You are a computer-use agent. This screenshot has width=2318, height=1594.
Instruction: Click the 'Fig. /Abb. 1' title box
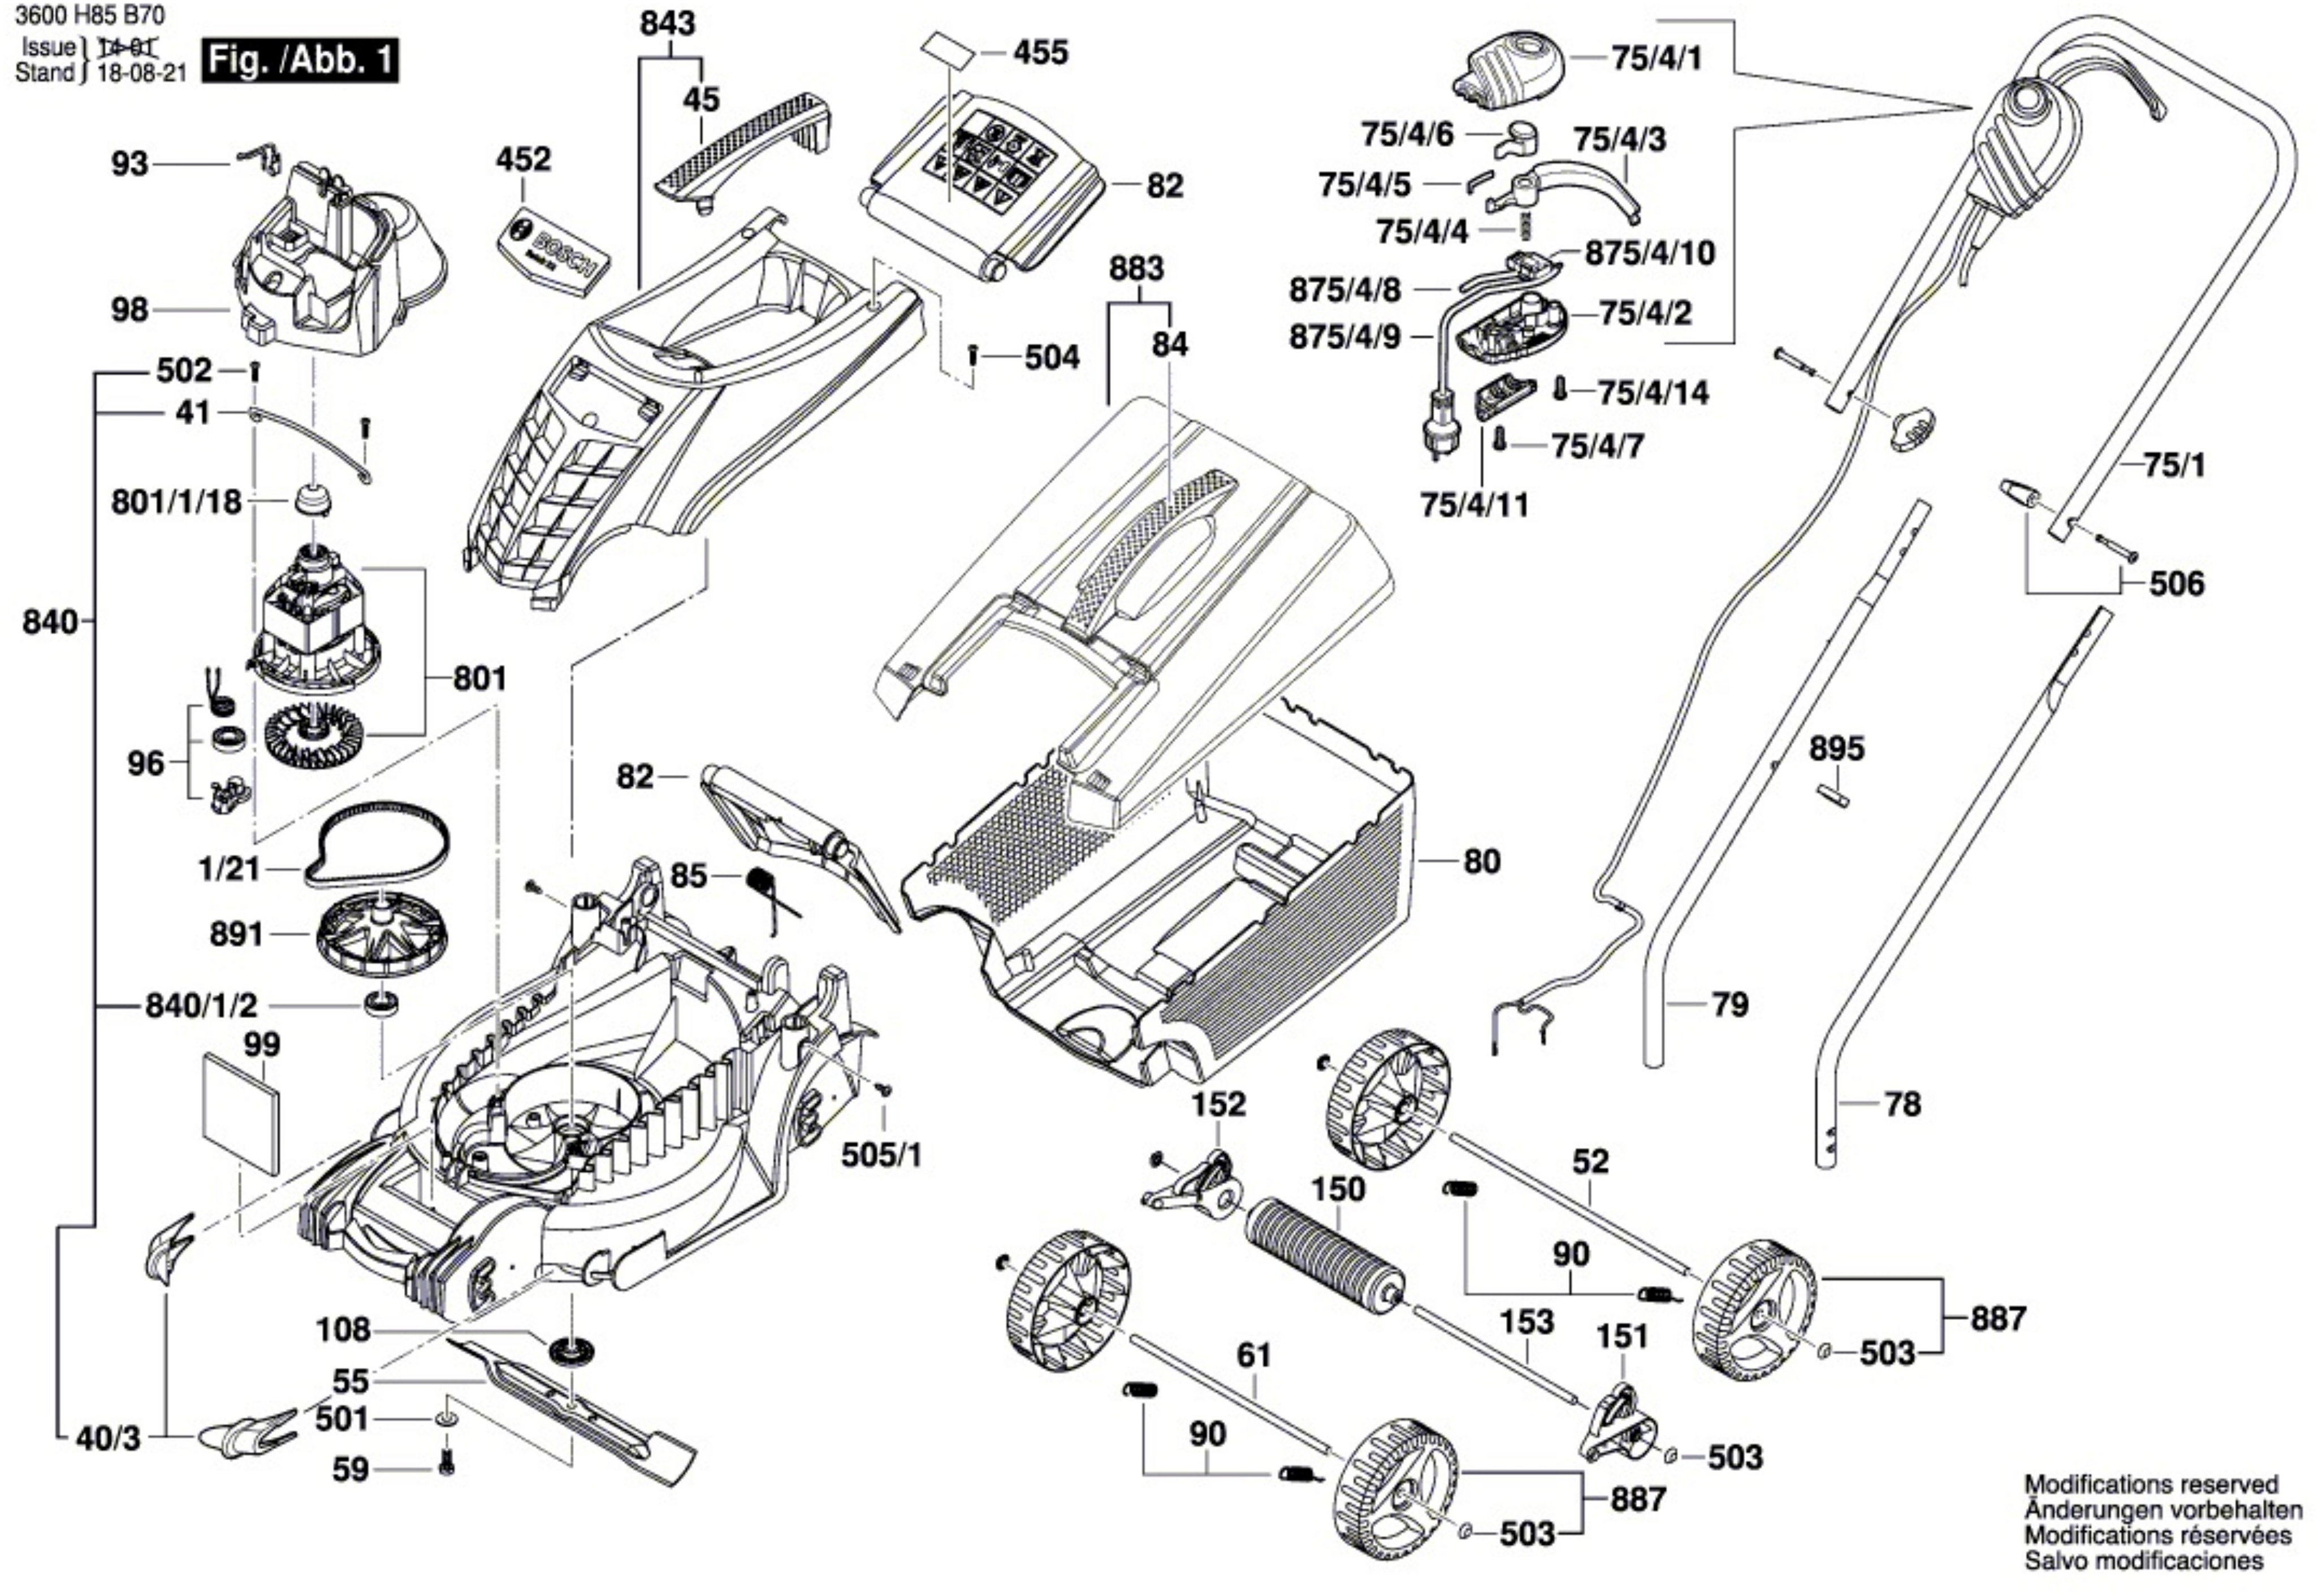pos(300,62)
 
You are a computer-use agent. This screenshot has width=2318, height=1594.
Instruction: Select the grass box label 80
pos(1481,861)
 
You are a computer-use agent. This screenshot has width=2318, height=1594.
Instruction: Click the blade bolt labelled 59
pos(447,1466)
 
